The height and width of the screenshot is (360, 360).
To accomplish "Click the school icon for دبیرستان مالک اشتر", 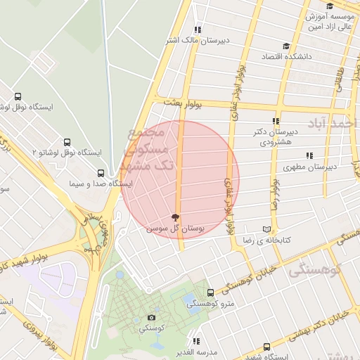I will click(198, 30).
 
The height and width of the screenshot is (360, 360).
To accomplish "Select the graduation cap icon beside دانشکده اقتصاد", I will click(316, 54).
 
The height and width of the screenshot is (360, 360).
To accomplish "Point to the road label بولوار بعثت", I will click(183, 103).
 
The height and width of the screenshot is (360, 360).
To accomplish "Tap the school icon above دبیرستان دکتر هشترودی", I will click(276, 121).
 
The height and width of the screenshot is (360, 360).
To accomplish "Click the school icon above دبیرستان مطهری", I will click(309, 156).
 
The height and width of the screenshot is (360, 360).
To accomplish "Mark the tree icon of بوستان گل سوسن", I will click(175, 218).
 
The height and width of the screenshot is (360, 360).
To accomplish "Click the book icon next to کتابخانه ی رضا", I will click(266, 229).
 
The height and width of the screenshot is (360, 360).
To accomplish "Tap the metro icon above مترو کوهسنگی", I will click(210, 292).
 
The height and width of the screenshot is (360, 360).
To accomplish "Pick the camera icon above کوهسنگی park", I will click(152, 318).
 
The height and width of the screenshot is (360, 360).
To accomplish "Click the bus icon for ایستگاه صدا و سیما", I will click(101, 173).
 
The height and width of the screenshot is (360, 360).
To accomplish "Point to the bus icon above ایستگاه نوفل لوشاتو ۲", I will click(67, 142).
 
